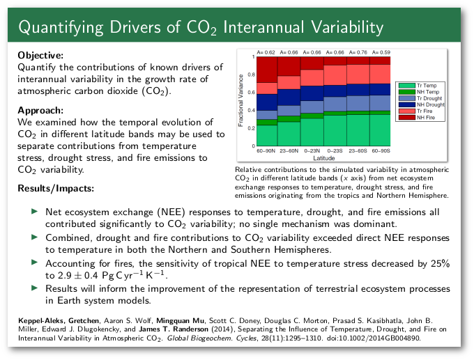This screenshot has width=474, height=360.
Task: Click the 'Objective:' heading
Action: coord(40,55)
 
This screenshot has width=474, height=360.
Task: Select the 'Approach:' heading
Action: coord(40,109)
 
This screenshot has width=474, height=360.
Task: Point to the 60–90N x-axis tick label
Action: coord(267,151)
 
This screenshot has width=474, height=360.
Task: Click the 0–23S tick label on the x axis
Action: coord(334,151)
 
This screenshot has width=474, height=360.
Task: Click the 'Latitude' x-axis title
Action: coord(323,158)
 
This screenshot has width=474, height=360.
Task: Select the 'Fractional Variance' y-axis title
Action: coord(241,101)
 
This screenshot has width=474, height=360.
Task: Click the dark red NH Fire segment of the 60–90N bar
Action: coord(267,70)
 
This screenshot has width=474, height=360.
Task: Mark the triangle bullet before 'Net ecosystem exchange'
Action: coord(35,211)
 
